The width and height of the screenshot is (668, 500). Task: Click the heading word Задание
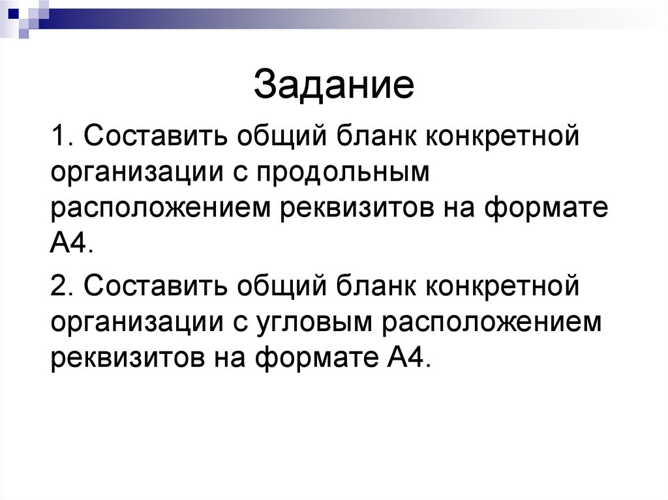coord(333,86)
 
